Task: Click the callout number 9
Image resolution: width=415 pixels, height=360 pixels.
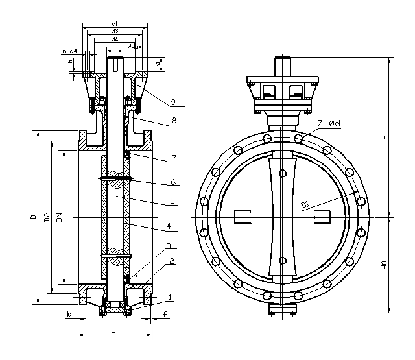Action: tap(174, 101)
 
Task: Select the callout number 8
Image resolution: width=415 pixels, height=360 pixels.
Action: tap(174, 120)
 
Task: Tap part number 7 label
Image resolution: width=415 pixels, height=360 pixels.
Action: tap(174, 158)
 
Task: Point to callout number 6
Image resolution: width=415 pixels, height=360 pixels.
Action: tap(174, 182)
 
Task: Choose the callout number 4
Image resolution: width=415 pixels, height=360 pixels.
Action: tap(168, 226)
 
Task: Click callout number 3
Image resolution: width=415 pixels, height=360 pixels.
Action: tap(168, 246)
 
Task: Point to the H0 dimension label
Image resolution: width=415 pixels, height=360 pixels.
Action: tap(384, 265)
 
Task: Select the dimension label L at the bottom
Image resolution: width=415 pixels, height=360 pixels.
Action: tap(113, 331)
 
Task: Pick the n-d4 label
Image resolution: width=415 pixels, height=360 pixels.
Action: tap(69, 51)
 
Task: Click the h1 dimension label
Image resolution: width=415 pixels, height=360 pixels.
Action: tap(158, 65)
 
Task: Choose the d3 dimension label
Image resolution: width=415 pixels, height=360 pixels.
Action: tap(114, 31)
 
